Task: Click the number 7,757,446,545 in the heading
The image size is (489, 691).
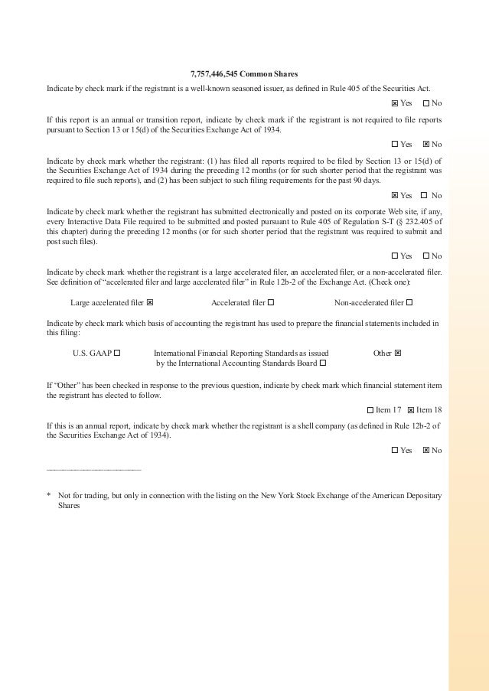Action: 213,74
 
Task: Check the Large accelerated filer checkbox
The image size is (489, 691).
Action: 150,302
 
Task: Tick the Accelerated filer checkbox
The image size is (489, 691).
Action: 271,302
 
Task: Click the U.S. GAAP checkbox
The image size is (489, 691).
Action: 117,353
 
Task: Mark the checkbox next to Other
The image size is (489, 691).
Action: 398,353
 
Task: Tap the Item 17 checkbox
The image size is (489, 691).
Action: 370,410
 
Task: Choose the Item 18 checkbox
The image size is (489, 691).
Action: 411,410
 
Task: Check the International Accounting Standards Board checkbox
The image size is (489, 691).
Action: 322,363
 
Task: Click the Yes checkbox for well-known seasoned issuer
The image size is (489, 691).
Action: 394,103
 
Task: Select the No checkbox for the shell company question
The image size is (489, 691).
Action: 426,450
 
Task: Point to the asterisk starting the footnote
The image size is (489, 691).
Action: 49,496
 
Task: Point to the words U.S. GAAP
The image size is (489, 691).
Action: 92,353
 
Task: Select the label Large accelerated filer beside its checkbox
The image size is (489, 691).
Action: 106,302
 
